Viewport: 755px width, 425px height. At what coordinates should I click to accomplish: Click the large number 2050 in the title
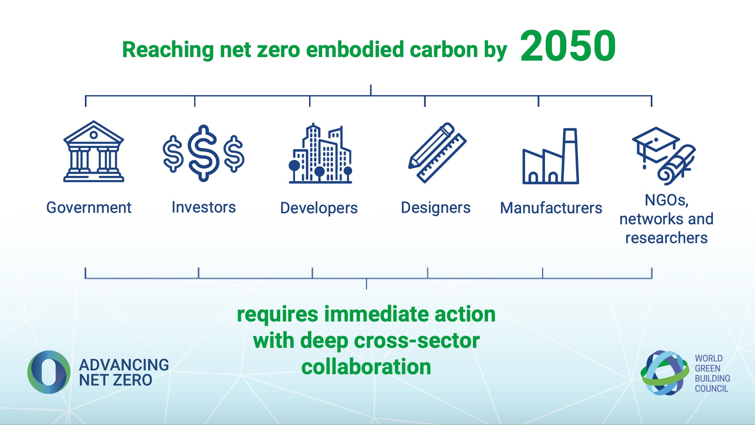(x=568, y=46)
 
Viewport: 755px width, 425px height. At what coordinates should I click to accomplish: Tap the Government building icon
(x=94, y=152)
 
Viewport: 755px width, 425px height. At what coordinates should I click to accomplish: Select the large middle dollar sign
(x=203, y=153)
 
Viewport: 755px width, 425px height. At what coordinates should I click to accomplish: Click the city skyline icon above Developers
(x=320, y=153)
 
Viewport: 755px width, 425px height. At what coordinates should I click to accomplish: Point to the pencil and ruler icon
(x=437, y=153)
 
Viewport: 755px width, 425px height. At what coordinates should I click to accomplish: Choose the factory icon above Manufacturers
(x=551, y=156)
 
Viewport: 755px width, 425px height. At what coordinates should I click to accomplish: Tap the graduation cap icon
(x=656, y=146)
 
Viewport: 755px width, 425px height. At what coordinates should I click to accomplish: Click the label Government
(x=89, y=207)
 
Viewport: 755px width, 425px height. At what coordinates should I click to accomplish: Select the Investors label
(x=204, y=207)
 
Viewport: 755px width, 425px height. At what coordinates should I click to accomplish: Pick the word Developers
(x=319, y=208)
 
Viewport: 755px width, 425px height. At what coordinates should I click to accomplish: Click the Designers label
(x=436, y=208)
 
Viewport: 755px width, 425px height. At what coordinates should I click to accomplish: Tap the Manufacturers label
(x=551, y=208)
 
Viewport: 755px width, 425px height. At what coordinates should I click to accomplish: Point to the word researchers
(x=667, y=238)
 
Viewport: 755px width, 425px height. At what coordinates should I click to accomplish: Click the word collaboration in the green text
(x=366, y=367)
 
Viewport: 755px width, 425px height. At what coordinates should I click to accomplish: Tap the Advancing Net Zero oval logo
(x=49, y=372)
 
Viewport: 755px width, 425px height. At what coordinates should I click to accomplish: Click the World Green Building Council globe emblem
(x=665, y=373)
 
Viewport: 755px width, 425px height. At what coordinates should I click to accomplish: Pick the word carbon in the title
(x=444, y=50)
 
